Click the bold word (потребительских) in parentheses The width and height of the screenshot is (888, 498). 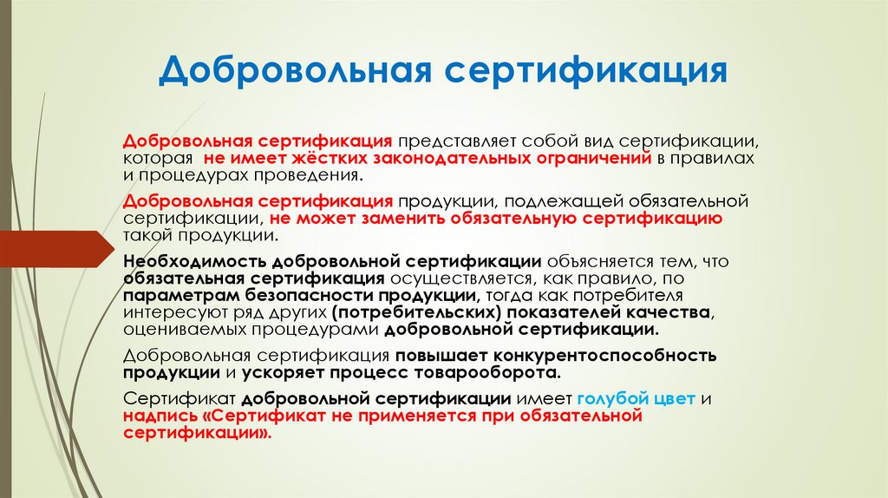(415, 311)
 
